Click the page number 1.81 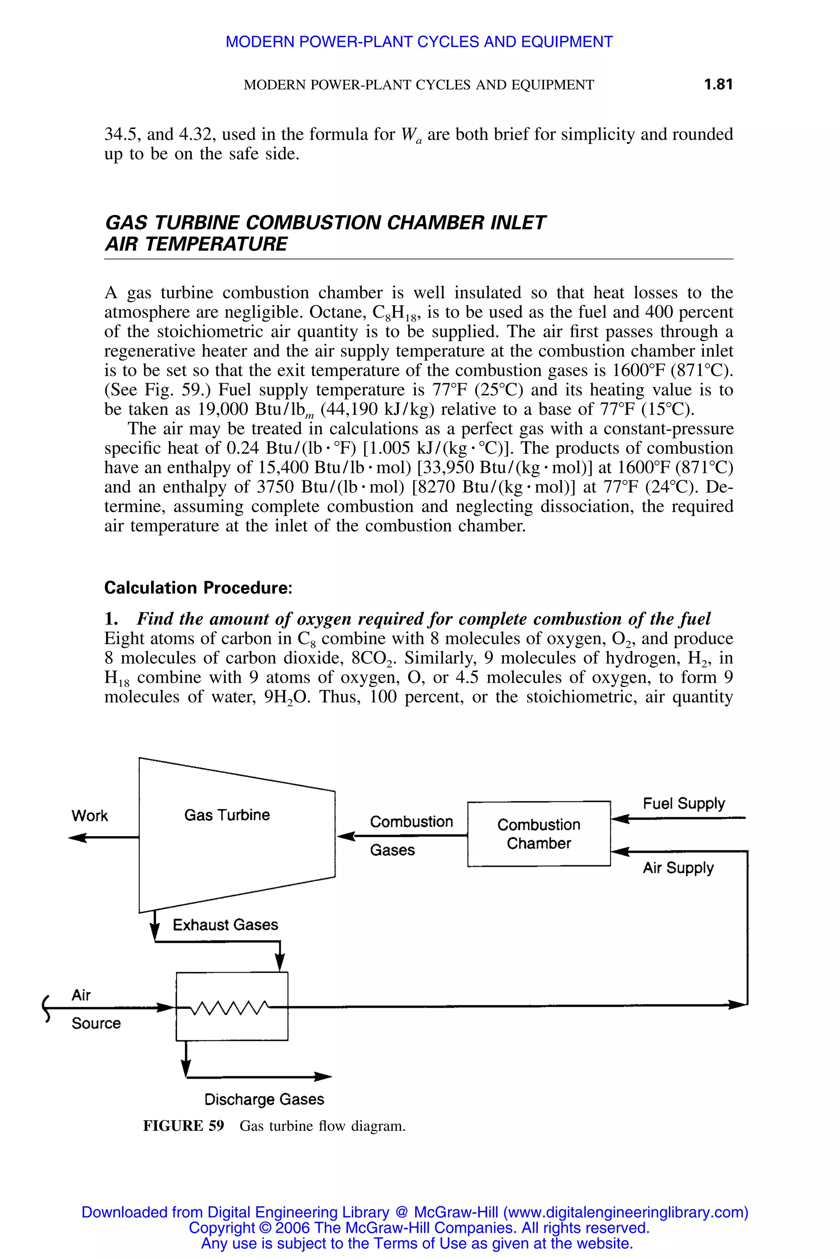pyautogui.click(x=718, y=84)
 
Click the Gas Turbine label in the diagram pyautogui.click(x=227, y=815)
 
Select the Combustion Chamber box pyautogui.click(x=538, y=834)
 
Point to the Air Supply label pyautogui.click(x=678, y=868)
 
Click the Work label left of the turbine pyautogui.click(x=89, y=816)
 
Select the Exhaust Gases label pyautogui.click(x=225, y=925)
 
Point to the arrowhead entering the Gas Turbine pyautogui.click(x=345, y=836)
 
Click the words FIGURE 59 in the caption pyautogui.click(x=183, y=1126)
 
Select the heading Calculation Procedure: pyautogui.click(x=198, y=588)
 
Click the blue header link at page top pyautogui.click(x=419, y=42)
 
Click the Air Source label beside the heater pyautogui.click(x=95, y=1009)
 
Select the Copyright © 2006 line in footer pyautogui.click(x=419, y=1227)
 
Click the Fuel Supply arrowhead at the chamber pyautogui.click(x=619, y=818)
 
